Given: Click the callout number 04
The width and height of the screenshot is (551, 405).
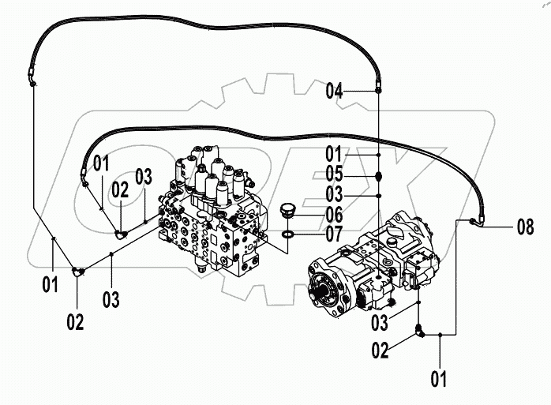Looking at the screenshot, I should [x=335, y=92].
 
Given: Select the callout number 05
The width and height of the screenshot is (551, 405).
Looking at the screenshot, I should [x=335, y=174].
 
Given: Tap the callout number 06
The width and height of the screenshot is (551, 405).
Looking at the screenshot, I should [x=335, y=215].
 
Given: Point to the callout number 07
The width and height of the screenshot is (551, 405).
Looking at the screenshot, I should [x=335, y=234].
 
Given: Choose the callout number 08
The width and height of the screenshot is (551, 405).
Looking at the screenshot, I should [x=525, y=228].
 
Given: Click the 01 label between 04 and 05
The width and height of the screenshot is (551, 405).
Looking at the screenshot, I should [x=335, y=153].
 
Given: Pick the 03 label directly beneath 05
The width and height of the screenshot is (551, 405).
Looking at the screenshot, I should [x=335, y=193].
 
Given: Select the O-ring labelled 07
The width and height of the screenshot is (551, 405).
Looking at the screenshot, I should [x=289, y=234].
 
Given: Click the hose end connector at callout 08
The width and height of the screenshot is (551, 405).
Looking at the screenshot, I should [x=473, y=222].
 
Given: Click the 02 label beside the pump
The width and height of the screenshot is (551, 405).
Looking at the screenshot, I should [x=380, y=350].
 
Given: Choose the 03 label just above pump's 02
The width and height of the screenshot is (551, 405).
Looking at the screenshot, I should [x=380, y=323].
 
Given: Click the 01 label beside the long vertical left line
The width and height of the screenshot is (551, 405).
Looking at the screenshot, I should [x=51, y=284].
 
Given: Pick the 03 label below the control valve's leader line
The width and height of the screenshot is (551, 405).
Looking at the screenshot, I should [x=111, y=298].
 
